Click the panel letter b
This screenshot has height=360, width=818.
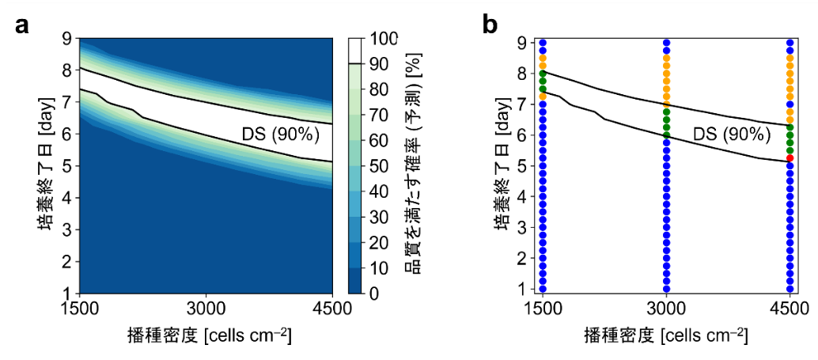pyautogui.click(x=490, y=25)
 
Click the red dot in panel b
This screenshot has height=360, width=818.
pyautogui.click(x=790, y=157)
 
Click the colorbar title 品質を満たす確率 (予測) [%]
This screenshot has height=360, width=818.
pyautogui.click(x=413, y=166)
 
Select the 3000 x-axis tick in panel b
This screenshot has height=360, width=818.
pyautogui.click(x=666, y=307)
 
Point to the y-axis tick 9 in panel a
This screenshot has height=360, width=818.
pyautogui.click(x=69, y=39)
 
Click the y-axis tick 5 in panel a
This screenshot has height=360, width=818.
pyautogui.click(x=69, y=165)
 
